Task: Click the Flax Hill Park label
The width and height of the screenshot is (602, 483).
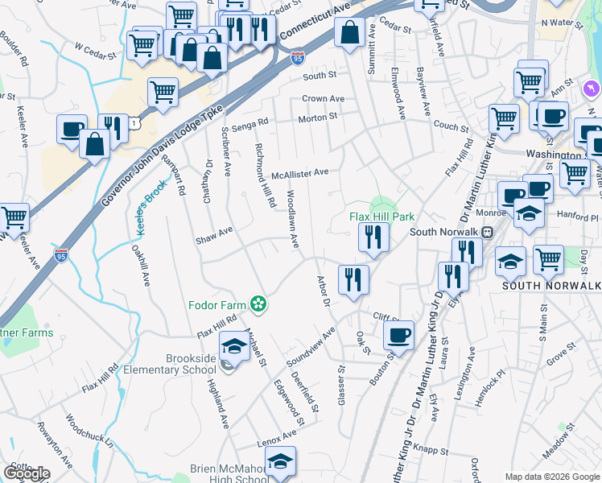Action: click(381, 217)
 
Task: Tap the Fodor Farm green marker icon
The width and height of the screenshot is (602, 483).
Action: click(258, 304)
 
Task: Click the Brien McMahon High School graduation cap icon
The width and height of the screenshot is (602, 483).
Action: click(280, 461)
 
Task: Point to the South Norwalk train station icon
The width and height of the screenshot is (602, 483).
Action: click(487, 232)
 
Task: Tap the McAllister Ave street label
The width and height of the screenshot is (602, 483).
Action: click(300, 172)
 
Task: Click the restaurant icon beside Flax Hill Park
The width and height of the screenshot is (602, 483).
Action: click(373, 237)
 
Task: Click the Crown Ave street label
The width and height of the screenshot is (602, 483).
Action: click(323, 99)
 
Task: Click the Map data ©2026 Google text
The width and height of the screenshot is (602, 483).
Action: click(552, 477)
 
